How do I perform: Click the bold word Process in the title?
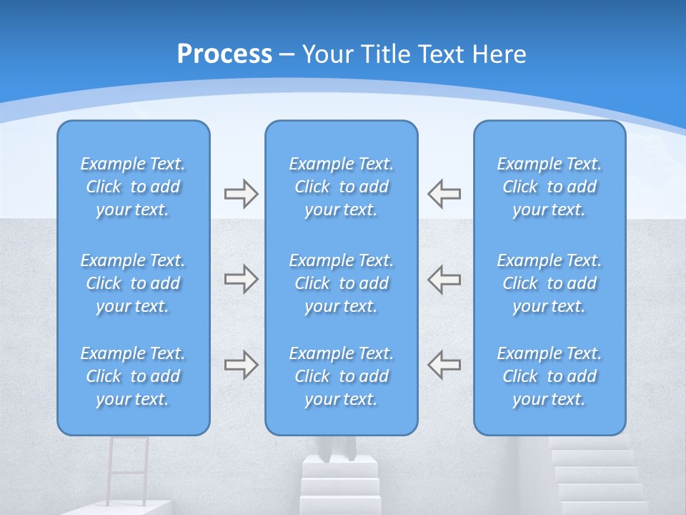click(x=224, y=54)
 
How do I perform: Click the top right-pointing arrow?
click(x=241, y=193)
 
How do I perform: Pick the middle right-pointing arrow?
click(x=241, y=278)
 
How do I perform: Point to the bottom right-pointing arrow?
click(x=241, y=364)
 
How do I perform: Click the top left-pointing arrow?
click(x=444, y=193)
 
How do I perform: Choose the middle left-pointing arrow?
click(x=444, y=278)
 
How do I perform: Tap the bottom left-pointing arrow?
click(x=444, y=364)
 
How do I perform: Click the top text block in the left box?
click(x=133, y=187)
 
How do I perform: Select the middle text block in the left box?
click(x=133, y=283)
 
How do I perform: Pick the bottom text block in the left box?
click(x=133, y=376)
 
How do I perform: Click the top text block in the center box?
click(x=341, y=187)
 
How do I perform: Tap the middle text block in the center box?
click(x=341, y=283)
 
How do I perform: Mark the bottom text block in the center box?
click(x=341, y=376)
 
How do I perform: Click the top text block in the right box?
click(x=549, y=187)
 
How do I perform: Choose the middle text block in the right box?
click(x=549, y=283)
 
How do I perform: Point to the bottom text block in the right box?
click(x=549, y=376)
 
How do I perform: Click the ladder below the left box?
click(x=129, y=469)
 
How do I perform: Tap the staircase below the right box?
click(x=597, y=476)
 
